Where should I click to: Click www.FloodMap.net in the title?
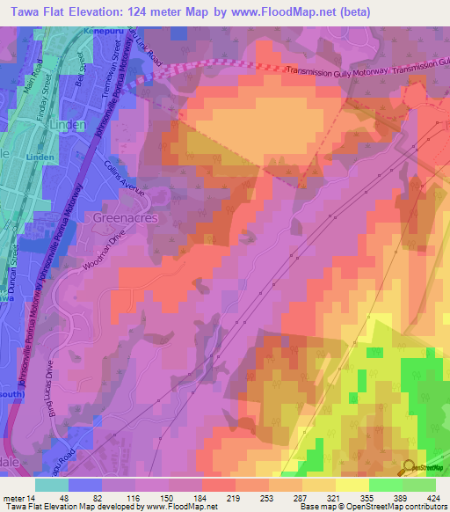tap(280, 11)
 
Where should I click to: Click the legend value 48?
tap(63, 498)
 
